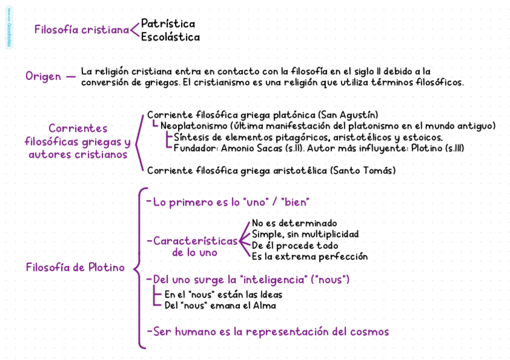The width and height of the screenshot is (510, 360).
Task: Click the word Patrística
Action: (168, 24)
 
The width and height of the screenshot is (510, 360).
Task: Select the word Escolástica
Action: (170, 37)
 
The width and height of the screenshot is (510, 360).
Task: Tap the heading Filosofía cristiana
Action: (82, 30)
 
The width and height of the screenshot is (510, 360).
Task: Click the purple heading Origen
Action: (43, 76)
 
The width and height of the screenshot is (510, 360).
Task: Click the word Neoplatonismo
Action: (194, 126)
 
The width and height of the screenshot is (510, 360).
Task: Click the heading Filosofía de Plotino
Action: (75, 267)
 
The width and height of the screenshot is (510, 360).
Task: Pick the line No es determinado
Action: (294, 223)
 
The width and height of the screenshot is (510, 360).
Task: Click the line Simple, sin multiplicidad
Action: (305, 234)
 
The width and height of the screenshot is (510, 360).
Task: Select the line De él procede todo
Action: (295, 246)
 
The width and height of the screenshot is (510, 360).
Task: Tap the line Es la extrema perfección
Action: (309, 257)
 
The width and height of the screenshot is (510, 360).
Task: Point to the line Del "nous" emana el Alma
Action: (220, 306)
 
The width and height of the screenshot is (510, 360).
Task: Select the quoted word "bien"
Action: (295, 203)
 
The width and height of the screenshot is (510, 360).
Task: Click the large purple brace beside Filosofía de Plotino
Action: (139, 267)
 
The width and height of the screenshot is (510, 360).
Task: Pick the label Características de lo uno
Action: (195, 246)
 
